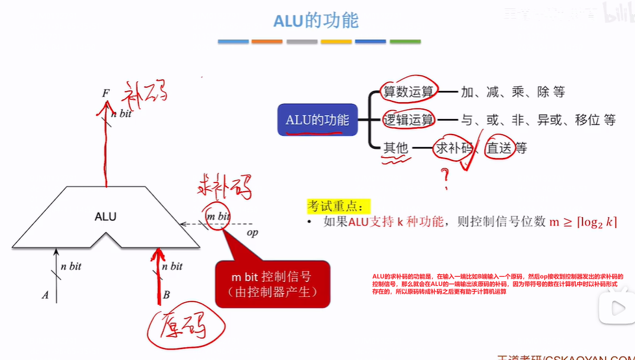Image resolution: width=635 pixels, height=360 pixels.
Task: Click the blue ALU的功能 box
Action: [x=317, y=120]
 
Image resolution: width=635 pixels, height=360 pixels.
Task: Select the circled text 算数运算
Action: [x=408, y=92]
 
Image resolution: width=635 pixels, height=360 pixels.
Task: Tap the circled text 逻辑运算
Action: [x=408, y=120]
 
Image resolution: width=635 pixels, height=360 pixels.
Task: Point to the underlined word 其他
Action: [x=395, y=148]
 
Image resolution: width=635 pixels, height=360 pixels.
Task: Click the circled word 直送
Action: [x=500, y=148]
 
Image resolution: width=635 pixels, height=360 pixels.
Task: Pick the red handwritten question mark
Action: [x=446, y=177]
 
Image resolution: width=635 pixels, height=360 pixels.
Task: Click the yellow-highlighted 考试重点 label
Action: [x=338, y=205]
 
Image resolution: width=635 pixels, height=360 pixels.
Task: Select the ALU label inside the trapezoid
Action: [x=105, y=216]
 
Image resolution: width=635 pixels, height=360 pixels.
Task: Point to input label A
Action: [x=45, y=295]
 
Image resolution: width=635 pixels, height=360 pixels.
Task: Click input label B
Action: [x=166, y=295]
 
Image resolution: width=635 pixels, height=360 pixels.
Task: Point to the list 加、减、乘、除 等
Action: [x=513, y=92]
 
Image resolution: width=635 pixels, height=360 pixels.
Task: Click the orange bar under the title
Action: [x=266, y=42]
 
